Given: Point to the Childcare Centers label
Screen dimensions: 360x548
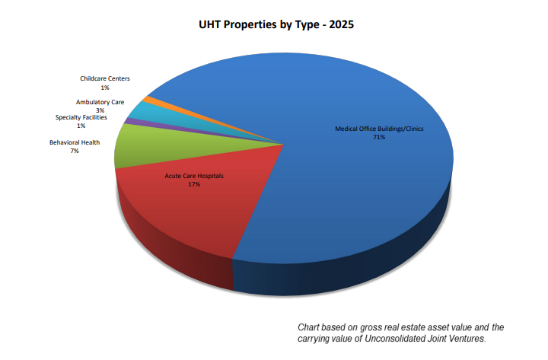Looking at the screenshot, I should point(105,78).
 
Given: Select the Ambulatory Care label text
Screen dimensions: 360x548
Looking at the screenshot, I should point(100,102).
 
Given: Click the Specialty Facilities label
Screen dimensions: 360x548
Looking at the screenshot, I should point(81,117).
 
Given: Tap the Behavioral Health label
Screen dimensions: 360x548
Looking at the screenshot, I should point(75,142).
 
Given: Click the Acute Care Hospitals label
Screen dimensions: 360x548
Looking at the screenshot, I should point(194,176).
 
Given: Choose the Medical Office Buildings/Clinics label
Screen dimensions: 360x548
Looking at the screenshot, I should point(379,129).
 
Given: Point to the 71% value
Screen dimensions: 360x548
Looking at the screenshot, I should point(379,137).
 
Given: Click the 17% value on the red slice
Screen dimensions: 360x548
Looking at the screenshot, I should point(194,184).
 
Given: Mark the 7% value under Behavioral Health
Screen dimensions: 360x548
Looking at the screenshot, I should point(75,151).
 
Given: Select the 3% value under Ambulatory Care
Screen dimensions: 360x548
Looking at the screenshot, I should point(100,110).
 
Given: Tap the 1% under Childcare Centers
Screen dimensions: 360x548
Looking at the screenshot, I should point(105,87).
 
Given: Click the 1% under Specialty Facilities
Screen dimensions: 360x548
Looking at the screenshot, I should point(81,126).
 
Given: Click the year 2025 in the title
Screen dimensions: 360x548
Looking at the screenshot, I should point(339,24).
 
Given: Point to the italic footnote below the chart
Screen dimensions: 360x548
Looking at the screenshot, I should point(400,333).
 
